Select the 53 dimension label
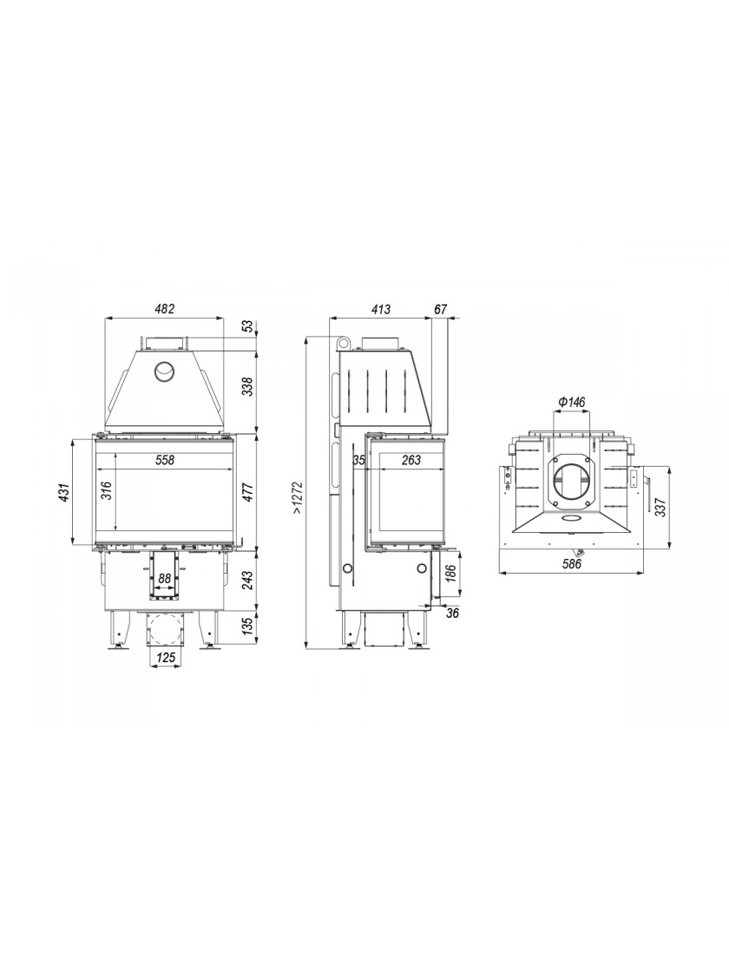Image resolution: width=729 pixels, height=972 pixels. click(x=248, y=325)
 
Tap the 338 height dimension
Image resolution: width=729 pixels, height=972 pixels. click(x=248, y=388)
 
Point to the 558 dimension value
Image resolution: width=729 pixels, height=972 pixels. click(x=165, y=460)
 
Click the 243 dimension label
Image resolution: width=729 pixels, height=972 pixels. click(x=248, y=580)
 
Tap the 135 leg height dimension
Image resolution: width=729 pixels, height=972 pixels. click(x=248, y=626)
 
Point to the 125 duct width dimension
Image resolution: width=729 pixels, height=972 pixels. click(x=166, y=657)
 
